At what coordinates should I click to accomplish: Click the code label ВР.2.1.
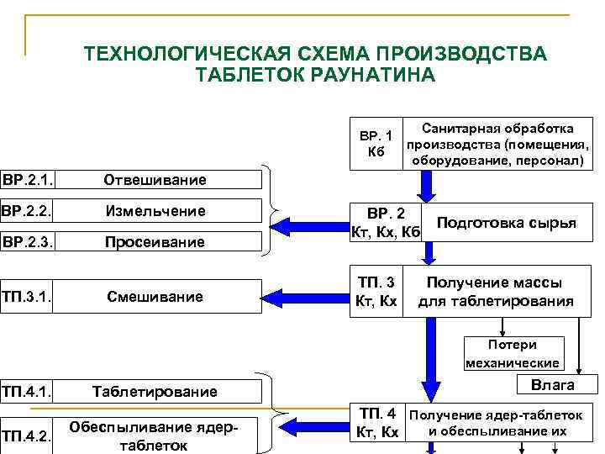tap(26, 179)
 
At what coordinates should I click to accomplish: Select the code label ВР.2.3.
tap(26, 242)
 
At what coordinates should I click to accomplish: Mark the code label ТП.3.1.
tap(26, 297)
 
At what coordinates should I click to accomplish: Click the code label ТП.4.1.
tap(26, 391)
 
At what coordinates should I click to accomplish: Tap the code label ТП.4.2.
tap(26, 435)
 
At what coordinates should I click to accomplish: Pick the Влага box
tap(552, 385)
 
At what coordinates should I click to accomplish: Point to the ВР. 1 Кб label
tap(376, 143)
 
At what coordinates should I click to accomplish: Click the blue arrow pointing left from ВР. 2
tap(311, 226)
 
